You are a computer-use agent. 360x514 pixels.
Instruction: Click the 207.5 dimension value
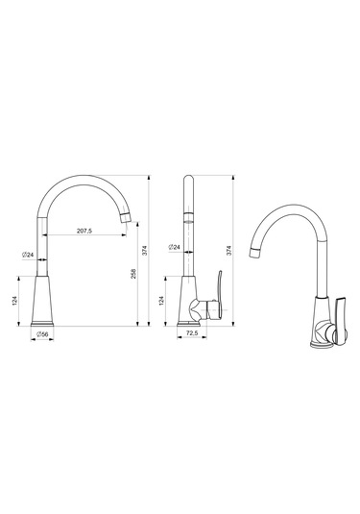(x=84, y=231)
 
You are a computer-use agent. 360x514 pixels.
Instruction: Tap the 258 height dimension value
(x=133, y=274)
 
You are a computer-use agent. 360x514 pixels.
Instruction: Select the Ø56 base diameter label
(x=42, y=334)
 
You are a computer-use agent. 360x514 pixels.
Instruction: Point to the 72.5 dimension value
(x=192, y=333)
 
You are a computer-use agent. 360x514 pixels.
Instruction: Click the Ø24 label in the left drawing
(x=28, y=255)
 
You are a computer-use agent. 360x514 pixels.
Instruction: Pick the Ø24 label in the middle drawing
(x=175, y=247)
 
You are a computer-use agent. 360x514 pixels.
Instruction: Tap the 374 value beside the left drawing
(x=146, y=250)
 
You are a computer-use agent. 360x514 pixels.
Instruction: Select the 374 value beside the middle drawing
(x=229, y=250)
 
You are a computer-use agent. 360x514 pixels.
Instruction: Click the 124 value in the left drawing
(x=14, y=301)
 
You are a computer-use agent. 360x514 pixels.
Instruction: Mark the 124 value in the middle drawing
(x=161, y=301)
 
